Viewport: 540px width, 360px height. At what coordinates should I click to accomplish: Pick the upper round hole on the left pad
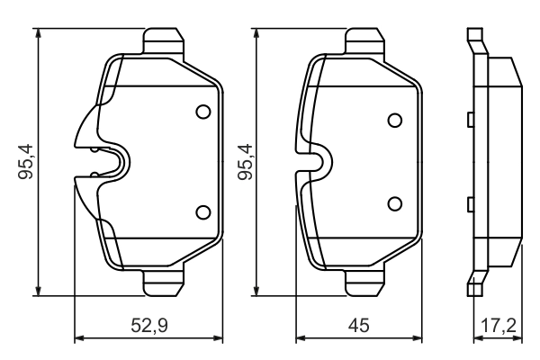pyautogui.click(x=202, y=112)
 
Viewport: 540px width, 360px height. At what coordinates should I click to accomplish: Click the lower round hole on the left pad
pyautogui.click(x=202, y=212)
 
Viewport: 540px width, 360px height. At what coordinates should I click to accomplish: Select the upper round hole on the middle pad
pyautogui.click(x=394, y=121)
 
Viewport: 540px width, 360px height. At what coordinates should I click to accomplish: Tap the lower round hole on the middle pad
pyautogui.click(x=394, y=203)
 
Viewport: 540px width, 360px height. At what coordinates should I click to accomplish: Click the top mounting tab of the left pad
pyautogui.click(x=165, y=41)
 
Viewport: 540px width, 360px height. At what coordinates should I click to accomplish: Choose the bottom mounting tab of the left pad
pyautogui.click(x=165, y=283)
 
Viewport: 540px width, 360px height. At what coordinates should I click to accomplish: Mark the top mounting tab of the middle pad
pyautogui.click(x=365, y=41)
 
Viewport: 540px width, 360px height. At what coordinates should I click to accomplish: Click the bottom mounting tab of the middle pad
pyautogui.click(x=365, y=283)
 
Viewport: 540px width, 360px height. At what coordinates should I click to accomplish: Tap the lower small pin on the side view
pyautogui.click(x=470, y=205)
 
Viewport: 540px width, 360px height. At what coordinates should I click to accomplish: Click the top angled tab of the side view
pyautogui.click(x=474, y=40)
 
